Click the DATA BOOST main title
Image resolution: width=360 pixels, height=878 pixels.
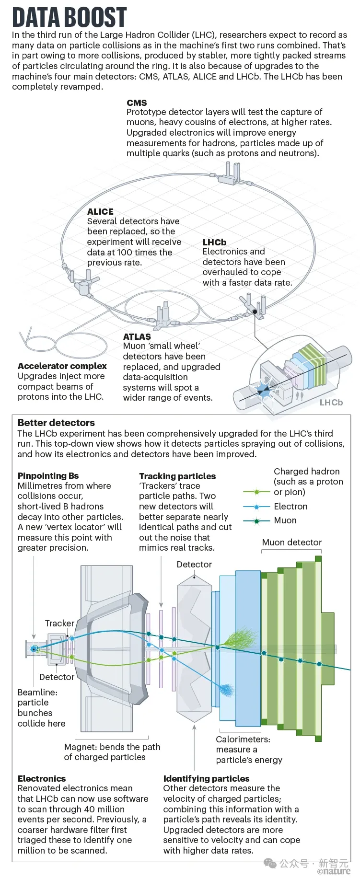(70, 17)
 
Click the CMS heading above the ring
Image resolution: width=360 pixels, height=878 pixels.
(137, 103)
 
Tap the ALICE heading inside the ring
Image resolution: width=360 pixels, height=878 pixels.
(100, 211)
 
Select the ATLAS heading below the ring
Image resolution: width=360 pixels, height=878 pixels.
(137, 336)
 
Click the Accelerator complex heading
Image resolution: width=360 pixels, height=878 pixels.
(62, 366)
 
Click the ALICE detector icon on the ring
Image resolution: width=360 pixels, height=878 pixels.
(83, 282)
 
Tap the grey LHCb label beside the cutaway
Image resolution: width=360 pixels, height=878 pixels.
(331, 403)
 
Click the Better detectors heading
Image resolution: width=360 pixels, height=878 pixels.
(56, 423)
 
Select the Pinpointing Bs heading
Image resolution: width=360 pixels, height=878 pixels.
(48, 476)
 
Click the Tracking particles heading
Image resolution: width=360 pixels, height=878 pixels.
(177, 476)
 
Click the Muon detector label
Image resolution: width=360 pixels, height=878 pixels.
(292, 542)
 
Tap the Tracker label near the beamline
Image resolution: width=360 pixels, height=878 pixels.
(59, 623)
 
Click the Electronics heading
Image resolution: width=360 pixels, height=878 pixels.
(42, 778)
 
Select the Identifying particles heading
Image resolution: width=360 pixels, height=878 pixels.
(206, 778)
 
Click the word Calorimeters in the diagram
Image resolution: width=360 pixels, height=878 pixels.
(243, 739)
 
